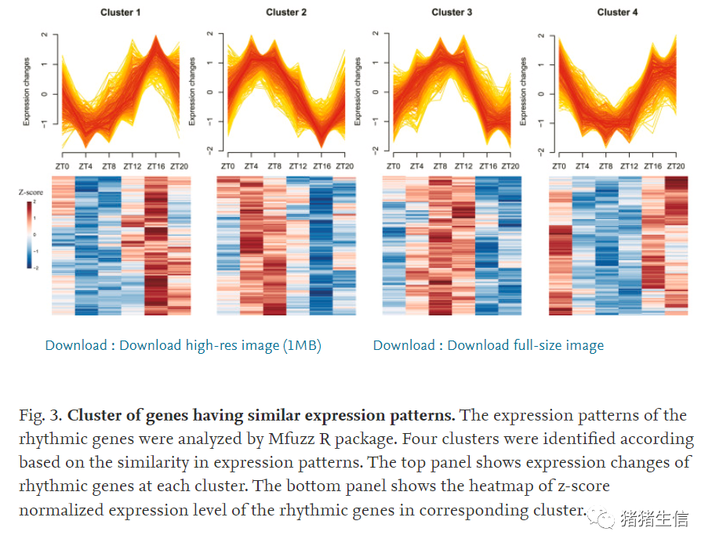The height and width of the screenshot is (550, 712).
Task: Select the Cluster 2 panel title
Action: pos(286,12)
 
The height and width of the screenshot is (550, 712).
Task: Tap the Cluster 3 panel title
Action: pos(452,12)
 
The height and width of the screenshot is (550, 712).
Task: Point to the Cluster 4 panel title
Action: pos(618,12)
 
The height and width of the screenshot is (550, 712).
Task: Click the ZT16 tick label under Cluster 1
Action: pos(155,166)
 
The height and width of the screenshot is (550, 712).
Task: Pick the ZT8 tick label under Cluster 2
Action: pos(274,166)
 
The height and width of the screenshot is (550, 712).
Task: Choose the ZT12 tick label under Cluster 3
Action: pos(463,166)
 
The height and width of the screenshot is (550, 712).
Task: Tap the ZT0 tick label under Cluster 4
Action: pos(559,166)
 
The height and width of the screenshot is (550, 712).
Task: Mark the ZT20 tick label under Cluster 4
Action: pos(677,166)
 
